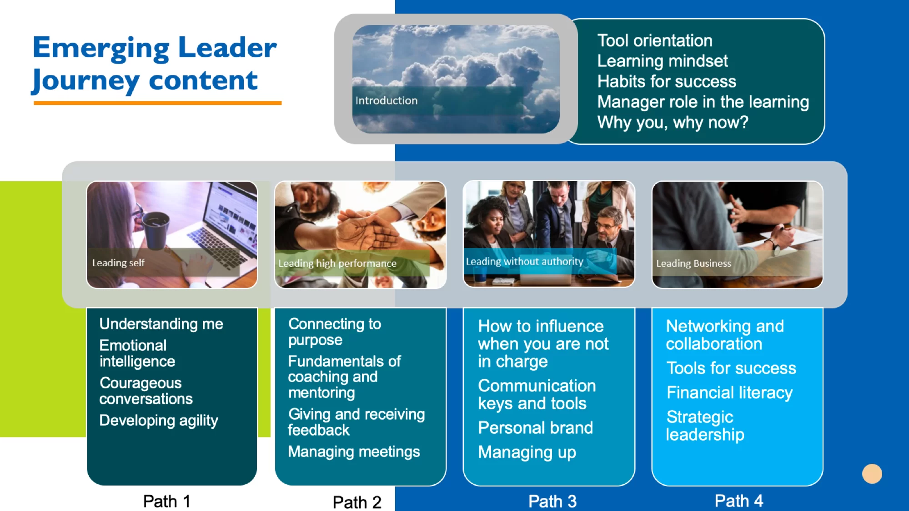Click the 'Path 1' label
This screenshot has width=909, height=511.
[166, 501]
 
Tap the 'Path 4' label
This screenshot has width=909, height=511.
[738, 501]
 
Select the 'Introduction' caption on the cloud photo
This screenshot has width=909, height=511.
[387, 100]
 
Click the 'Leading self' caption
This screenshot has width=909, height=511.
[118, 263]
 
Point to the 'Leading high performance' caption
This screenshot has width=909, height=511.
[337, 263]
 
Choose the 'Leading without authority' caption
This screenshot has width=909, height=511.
[524, 262]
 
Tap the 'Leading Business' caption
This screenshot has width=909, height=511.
[693, 263]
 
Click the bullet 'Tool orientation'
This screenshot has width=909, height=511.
[655, 40]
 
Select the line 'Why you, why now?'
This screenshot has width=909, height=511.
[673, 122]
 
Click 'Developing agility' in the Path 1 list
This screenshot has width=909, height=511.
[159, 421]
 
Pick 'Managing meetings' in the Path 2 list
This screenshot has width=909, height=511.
[354, 451]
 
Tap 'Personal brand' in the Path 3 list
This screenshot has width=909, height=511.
[535, 427]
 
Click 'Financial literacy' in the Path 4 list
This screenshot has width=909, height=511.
[729, 392]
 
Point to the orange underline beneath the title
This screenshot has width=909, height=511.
[157, 103]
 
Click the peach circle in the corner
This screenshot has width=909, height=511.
[872, 474]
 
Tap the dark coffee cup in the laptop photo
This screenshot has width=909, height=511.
[156, 230]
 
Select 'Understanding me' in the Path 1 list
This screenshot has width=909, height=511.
[161, 324]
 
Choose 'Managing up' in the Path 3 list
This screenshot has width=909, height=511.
[527, 452]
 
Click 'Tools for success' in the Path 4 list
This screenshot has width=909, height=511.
[731, 368]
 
